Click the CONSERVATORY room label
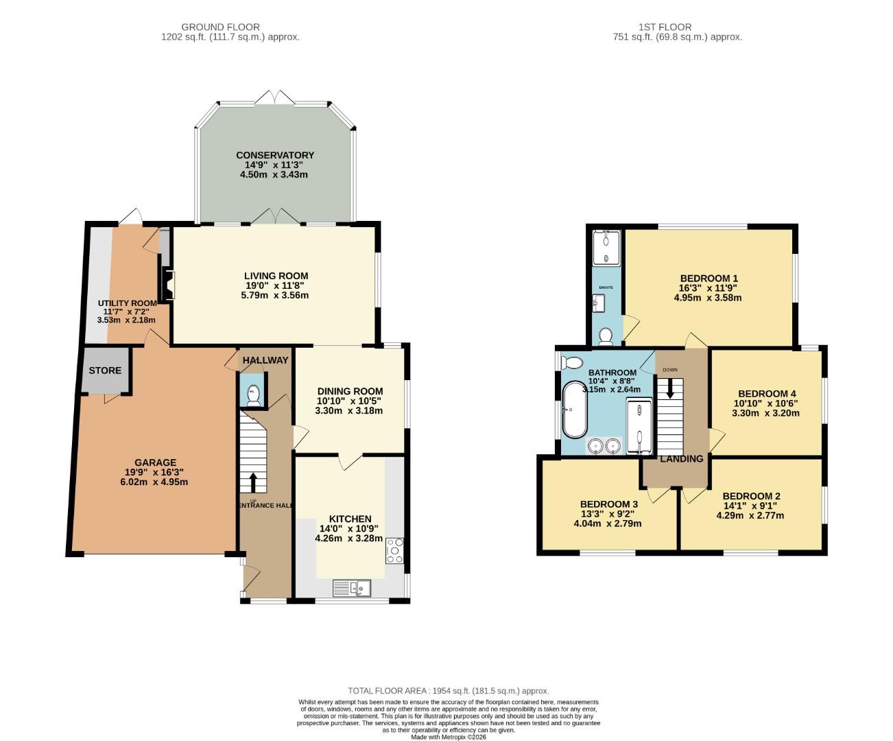click(x=274, y=155)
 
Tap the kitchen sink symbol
click(x=351, y=587)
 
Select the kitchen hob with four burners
click(x=395, y=550)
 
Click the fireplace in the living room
click(x=167, y=284)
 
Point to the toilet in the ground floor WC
click(x=253, y=396)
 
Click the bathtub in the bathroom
click(x=573, y=410)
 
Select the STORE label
click(x=105, y=370)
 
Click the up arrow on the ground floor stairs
click(x=253, y=482)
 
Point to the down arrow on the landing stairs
click(x=670, y=390)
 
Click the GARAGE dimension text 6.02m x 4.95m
click(x=154, y=482)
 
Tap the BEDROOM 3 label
click(x=608, y=504)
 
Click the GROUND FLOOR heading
click(x=220, y=27)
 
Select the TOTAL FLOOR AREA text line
click(x=448, y=691)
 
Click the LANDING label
click(x=681, y=459)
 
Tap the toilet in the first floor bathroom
click(x=572, y=362)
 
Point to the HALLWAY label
click(x=265, y=360)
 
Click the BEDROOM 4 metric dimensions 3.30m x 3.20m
click(x=765, y=413)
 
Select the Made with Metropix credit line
click(x=448, y=737)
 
